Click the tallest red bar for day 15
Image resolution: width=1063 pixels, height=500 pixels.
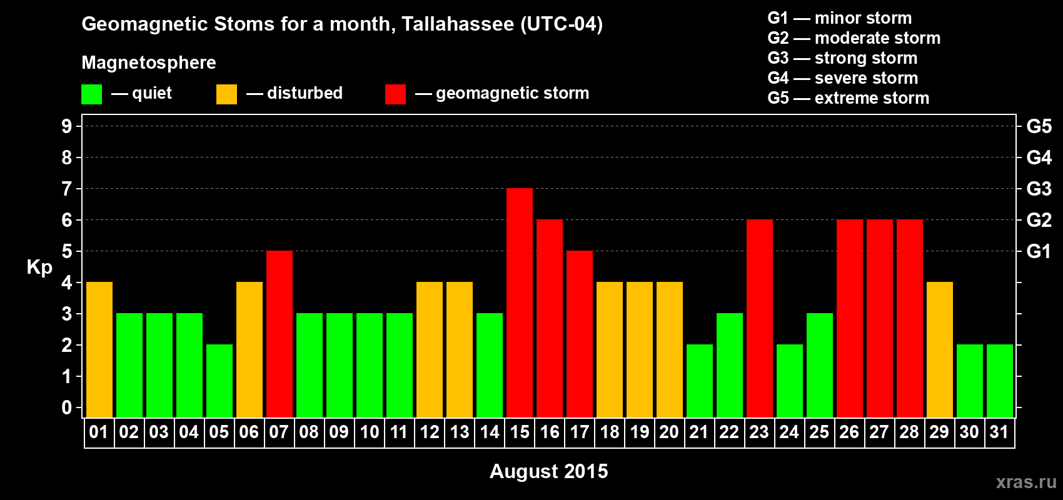(x=520, y=302)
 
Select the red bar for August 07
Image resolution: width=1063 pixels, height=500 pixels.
(x=280, y=334)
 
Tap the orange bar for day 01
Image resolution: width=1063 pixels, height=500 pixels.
(x=99, y=349)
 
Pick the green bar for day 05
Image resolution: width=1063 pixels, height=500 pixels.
(x=219, y=381)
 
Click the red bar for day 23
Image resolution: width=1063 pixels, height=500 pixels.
(x=760, y=318)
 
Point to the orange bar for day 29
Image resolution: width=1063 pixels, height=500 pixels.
(x=940, y=349)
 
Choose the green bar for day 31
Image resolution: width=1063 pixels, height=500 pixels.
(x=1000, y=381)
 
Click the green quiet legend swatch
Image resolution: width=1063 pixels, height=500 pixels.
(x=91, y=94)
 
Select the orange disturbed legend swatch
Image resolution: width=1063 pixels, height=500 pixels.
(x=227, y=94)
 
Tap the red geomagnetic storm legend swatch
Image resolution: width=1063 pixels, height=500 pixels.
(x=396, y=94)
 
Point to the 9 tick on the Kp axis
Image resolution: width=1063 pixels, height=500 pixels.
(x=66, y=126)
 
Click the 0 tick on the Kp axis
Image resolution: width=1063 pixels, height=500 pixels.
(x=66, y=407)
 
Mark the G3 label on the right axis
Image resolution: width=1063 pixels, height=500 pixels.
(x=1039, y=189)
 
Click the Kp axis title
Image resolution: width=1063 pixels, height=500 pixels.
(x=39, y=267)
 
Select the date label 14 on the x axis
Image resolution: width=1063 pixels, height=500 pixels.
(x=490, y=432)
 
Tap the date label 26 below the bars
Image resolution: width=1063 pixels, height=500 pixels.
(x=849, y=432)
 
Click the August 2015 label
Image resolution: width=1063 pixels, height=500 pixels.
(x=548, y=471)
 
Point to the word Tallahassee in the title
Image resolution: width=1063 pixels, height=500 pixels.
(x=458, y=24)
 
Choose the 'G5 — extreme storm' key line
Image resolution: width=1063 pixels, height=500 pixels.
(x=849, y=98)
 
